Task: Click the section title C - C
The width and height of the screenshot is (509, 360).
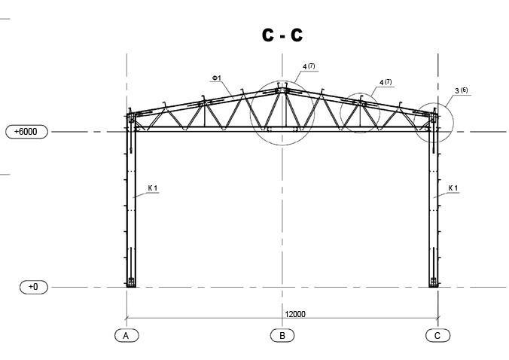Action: point(282,35)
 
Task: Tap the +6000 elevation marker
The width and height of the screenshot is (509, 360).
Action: point(26,132)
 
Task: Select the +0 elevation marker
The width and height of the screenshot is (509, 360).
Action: point(32,287)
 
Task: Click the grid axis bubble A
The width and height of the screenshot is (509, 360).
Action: point(126,335)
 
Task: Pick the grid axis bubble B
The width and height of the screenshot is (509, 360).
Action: point(282,335)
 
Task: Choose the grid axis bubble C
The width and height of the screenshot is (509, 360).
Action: point(437,335)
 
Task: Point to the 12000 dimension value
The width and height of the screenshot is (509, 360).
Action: point(295,314)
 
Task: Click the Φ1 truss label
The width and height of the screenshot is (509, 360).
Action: point(216,78)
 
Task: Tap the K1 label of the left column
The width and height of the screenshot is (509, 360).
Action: point(152,188)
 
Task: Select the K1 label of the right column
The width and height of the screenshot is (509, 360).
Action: point(453,188)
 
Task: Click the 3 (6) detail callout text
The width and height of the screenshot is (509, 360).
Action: point(461,91)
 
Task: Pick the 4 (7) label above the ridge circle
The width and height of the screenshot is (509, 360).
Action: point(309,66)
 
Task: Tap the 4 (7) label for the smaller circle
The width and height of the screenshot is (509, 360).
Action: point(386,82)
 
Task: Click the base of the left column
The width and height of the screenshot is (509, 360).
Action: point(131,282)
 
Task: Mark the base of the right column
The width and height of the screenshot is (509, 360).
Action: point(433,282)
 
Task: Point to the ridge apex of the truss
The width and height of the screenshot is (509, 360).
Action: point(282,90)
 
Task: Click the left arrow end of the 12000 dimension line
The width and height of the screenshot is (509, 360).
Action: point(126,319)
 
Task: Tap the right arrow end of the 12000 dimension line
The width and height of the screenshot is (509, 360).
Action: point(438,319)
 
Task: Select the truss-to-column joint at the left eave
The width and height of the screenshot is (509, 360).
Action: point(132,119)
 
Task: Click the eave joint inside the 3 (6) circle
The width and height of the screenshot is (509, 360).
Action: point(432,119)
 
